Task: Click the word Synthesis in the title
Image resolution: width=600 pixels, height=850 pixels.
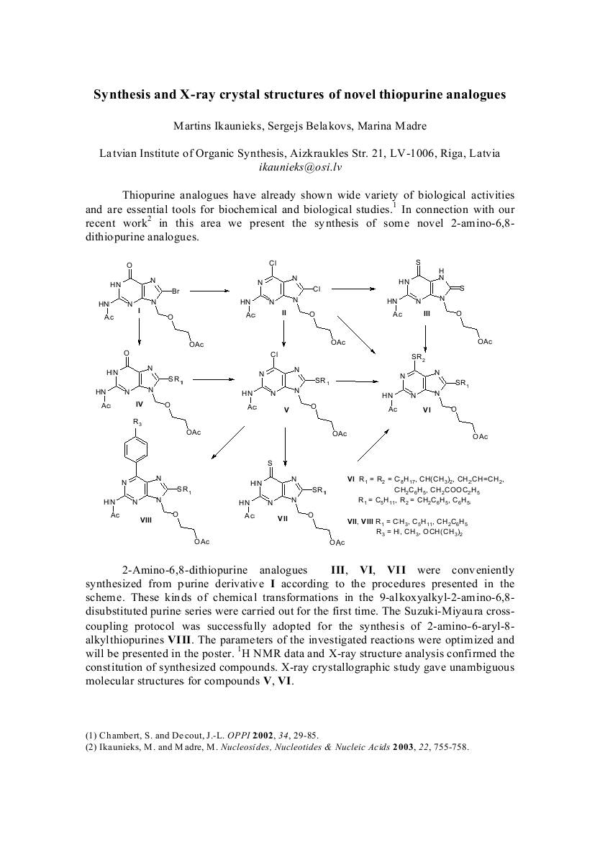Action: [x=124, y=94]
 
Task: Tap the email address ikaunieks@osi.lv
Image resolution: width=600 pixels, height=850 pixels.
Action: [x=299, y=166]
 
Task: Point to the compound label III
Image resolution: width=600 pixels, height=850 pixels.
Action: [x=427, y=314]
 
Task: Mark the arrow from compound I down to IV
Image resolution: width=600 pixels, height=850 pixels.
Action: [x=139, y=335]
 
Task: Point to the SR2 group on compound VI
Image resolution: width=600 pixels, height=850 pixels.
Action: [x=418, y=357]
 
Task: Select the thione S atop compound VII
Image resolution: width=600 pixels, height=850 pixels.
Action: [x=269, y=462]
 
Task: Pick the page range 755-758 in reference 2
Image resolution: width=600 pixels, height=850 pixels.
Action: [x=450, y=746]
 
